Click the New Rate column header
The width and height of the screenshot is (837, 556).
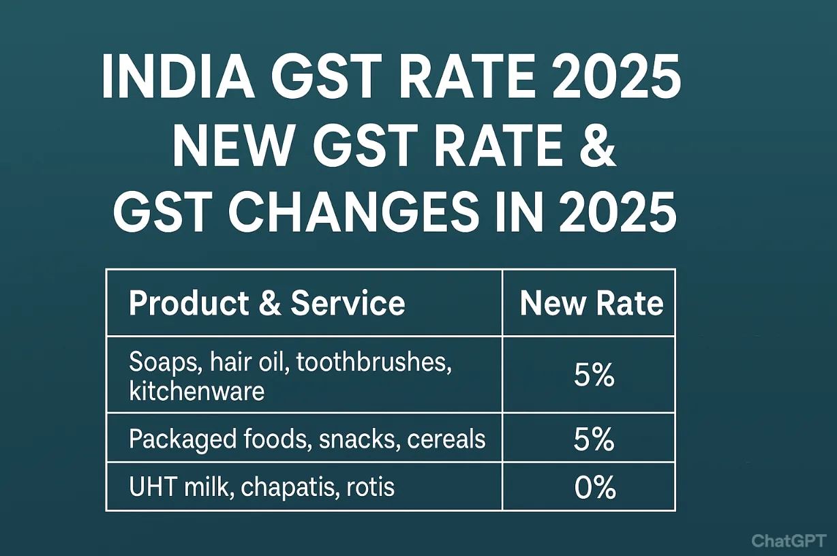pyautogui.click(x=591, y=303)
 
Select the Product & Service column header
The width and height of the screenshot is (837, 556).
pyautogui.click(x=267, y=303)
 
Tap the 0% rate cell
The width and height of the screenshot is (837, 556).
pyautogui.click(x=594, y=488)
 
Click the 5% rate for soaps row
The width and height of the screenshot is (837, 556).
pyautogui.click(x=594, y=376)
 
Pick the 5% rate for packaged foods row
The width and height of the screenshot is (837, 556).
pyautogui.click(x=594, y=440)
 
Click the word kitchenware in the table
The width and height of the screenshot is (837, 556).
pyautogui.click(x=196, y=392)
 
